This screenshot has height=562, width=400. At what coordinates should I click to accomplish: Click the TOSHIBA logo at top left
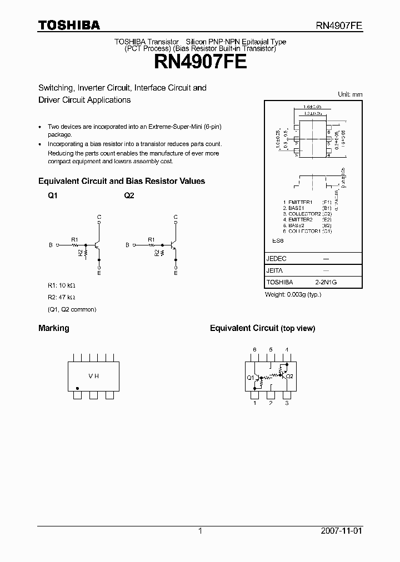pos(69,25)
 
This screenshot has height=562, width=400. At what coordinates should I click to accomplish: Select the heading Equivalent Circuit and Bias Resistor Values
pos(121,181)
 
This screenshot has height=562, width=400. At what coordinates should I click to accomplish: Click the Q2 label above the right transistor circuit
pos(129,196)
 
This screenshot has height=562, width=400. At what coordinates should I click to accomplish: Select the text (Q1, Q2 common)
pos(72,309)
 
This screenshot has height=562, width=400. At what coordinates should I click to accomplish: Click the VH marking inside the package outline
pos(93,376)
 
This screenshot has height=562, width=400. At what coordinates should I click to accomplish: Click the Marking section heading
pos(53,328)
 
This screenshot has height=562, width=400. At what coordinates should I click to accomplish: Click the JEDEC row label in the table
pos(277,259)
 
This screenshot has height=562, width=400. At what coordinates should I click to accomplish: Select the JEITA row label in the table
pos(275,270)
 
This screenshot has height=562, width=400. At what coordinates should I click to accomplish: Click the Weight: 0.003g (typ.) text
pos(293,294)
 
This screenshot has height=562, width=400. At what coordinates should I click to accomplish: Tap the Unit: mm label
pos(350,94)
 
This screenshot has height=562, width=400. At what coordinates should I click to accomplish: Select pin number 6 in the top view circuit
pos(254,349)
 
